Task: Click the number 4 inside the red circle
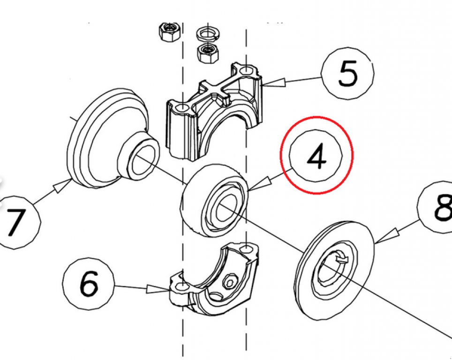pos(316,157)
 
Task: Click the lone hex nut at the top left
pos(168,32)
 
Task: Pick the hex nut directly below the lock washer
pos(207,53)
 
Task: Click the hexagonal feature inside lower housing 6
pos(230,282)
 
